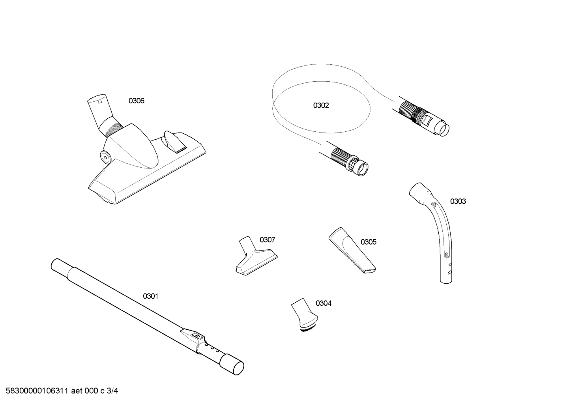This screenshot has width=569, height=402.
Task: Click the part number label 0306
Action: (137, 101)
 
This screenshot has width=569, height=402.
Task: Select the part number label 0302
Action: (321, 106)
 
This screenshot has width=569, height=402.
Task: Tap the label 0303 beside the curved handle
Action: (458, 202)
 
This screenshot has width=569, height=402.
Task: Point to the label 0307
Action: (267, 240)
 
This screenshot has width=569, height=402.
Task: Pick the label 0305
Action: (368, 242)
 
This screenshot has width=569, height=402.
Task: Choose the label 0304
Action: (323, 303)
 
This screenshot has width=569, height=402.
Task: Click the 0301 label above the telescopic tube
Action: (150, 296)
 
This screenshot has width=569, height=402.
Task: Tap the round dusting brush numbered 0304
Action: (305, 314)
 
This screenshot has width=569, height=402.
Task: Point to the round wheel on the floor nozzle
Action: (106, 157)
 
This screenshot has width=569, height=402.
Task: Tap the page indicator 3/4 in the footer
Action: (112, 391)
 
